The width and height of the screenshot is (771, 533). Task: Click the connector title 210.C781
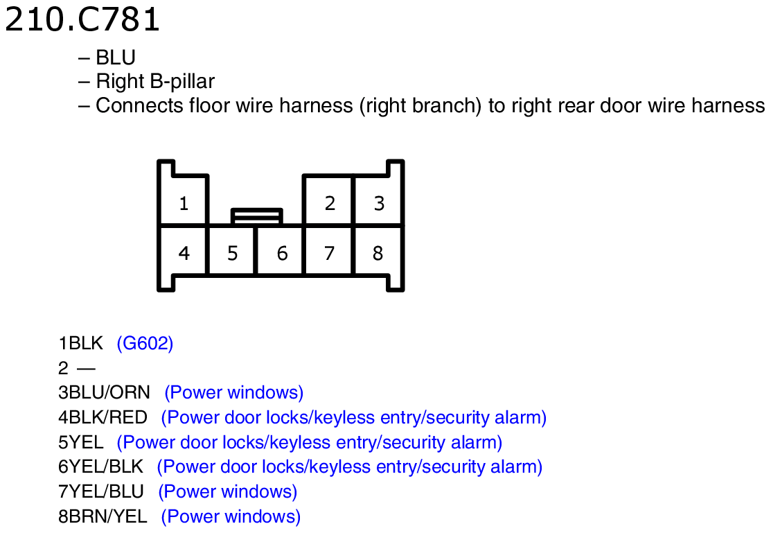pos(82,19)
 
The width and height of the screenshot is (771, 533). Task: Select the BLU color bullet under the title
pos(107,58)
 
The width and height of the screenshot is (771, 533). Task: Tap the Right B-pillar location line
pos(147,81)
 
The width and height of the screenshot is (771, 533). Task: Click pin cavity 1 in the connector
pos(184,201)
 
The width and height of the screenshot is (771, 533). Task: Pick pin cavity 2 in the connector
pos(329,201)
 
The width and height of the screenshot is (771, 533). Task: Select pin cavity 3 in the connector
pos(378,201)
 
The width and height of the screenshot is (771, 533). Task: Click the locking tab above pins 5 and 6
pos(257,216)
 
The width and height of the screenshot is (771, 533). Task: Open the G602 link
pos(145,343)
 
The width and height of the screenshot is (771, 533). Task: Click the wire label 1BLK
pos(80,343)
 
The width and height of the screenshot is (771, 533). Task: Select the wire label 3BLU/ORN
pos(104,392)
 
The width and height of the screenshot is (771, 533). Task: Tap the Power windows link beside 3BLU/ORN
pos(234,392)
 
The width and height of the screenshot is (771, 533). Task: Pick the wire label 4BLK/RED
pos(103,417)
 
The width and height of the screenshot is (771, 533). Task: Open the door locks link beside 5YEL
pos(309,442)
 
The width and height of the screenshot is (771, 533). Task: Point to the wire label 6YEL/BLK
pos(101,466)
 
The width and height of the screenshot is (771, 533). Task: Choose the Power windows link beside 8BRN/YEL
pos(231,516)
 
